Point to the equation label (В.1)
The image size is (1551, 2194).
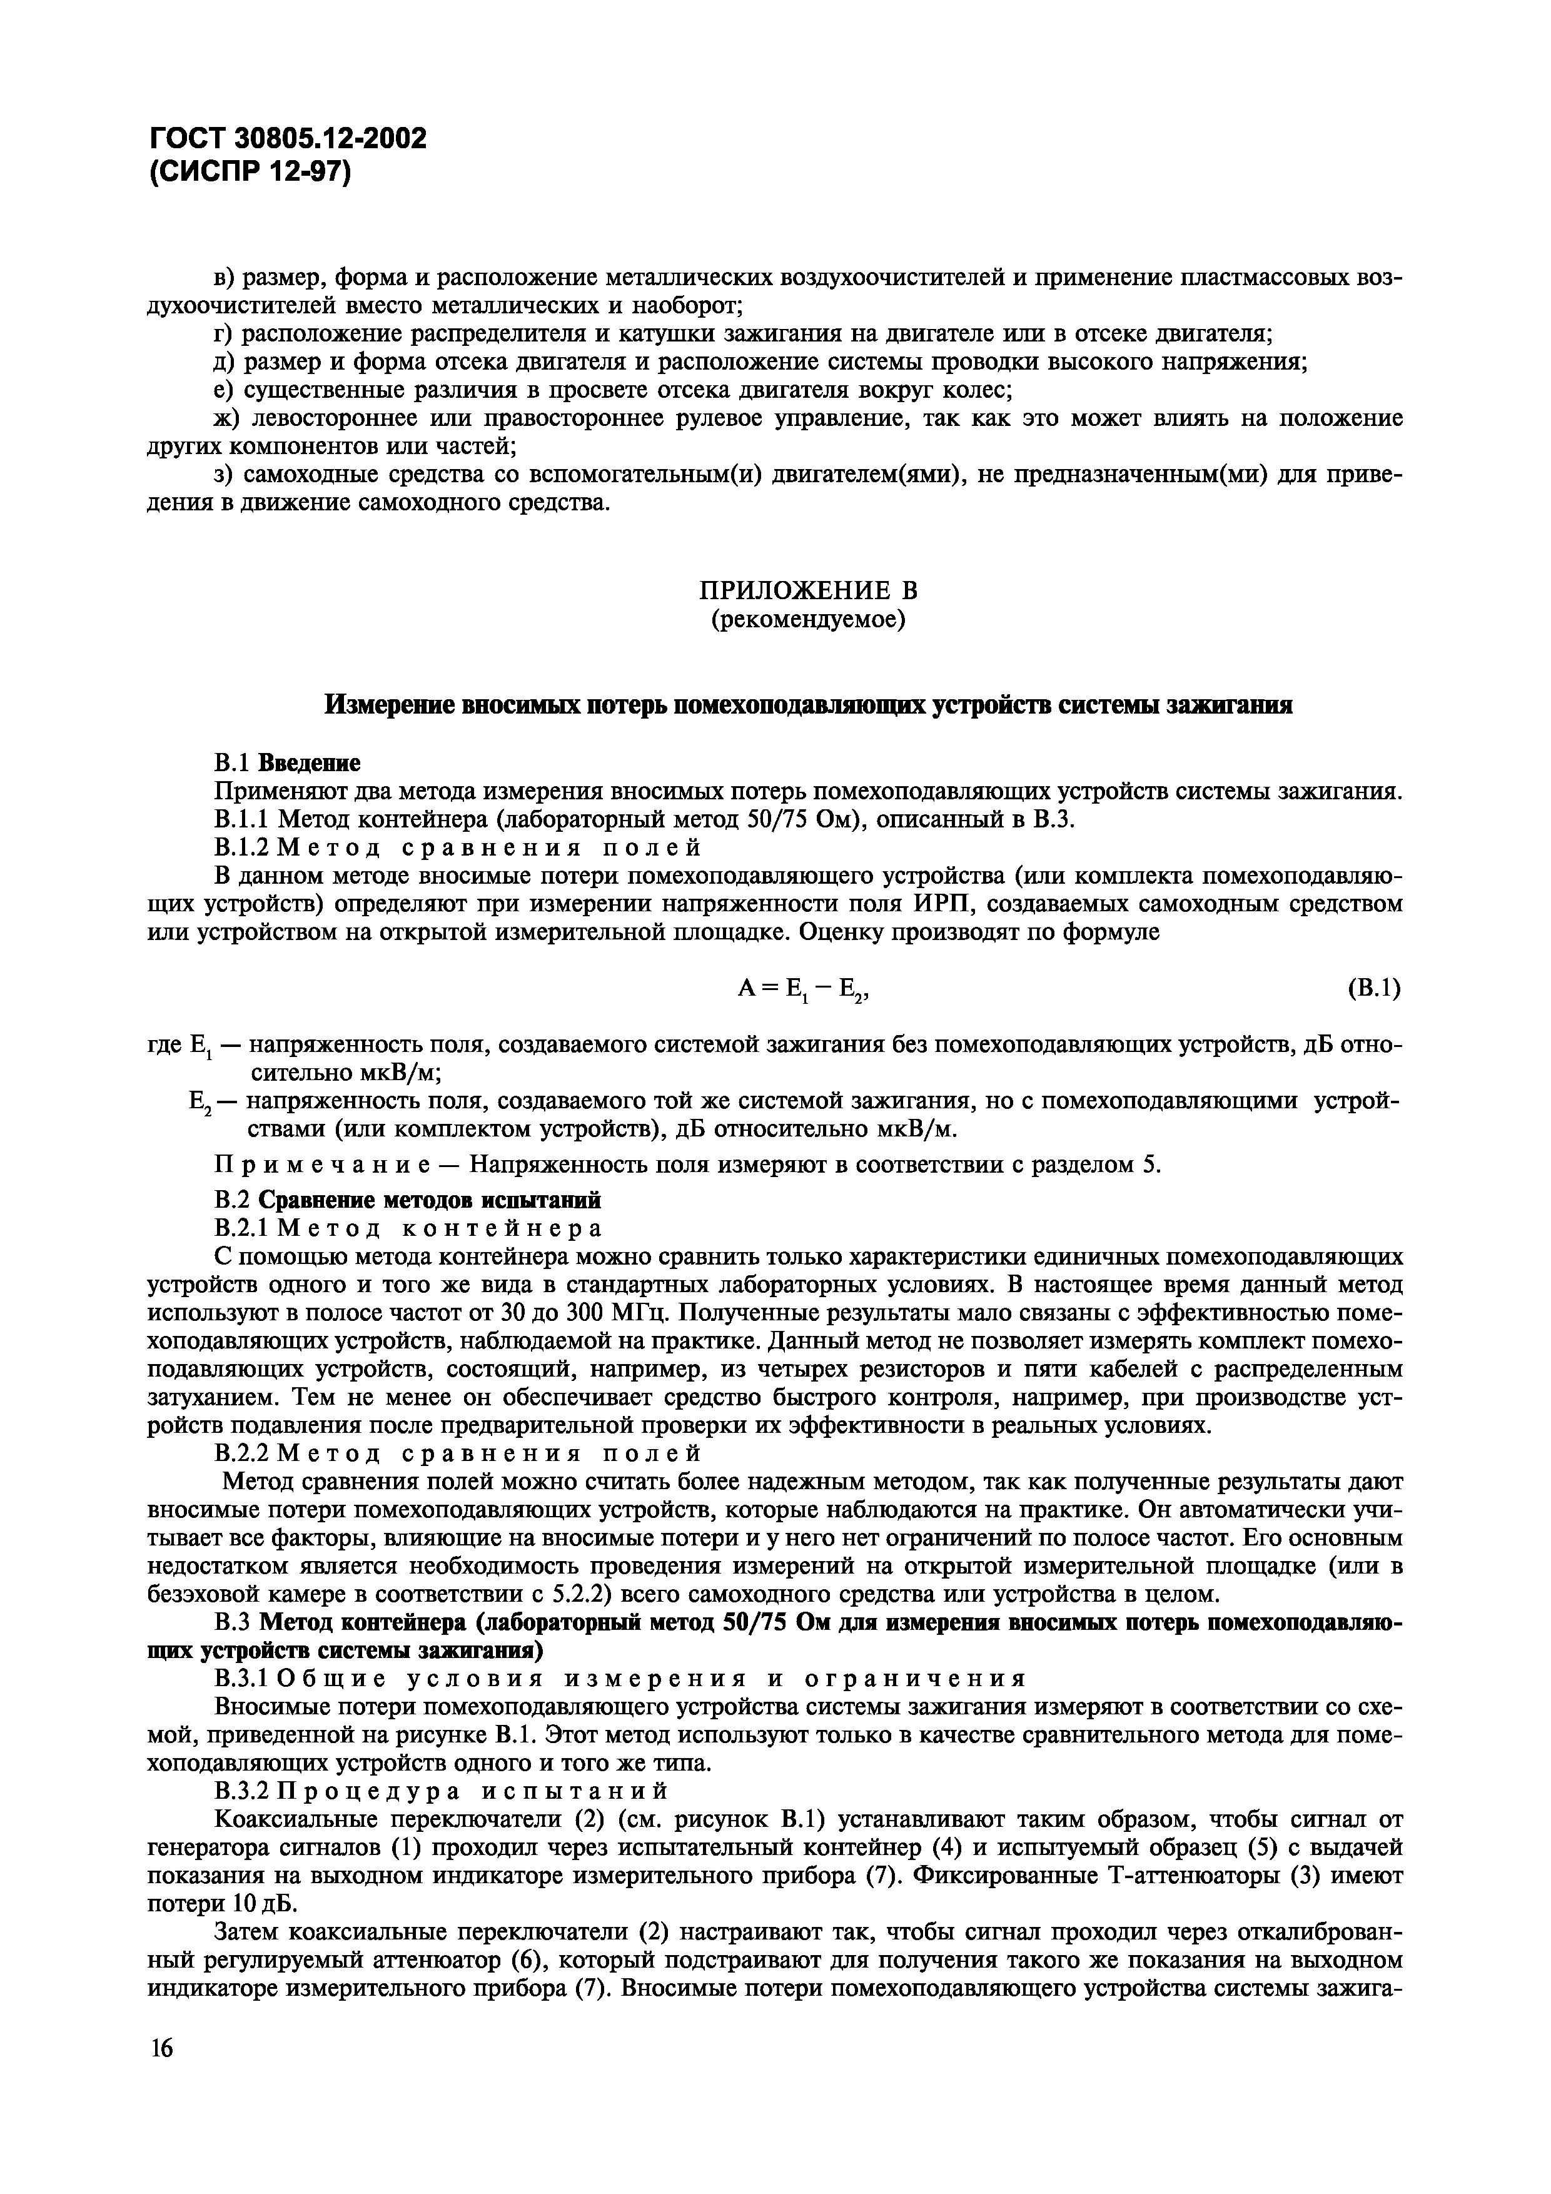click(x=1373, y=988)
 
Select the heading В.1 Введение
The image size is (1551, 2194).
click(x=286, y=762)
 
